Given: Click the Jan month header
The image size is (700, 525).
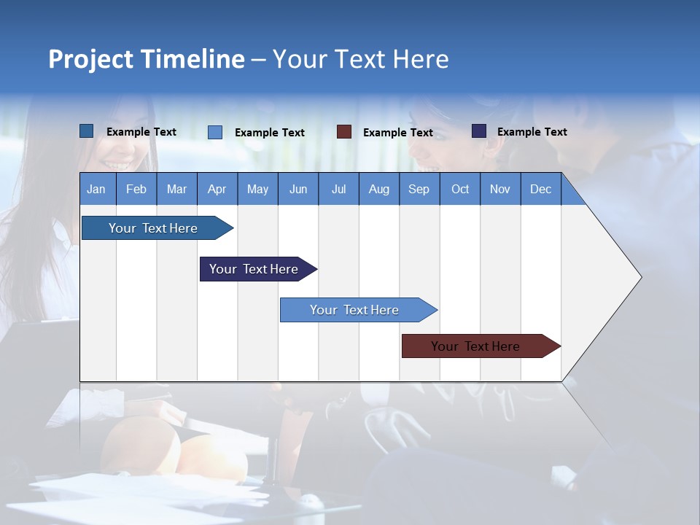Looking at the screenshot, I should [x=96, y=190].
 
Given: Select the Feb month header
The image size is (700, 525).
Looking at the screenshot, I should [x=136, y=190].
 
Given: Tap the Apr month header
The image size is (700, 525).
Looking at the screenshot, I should [x=217, y=190].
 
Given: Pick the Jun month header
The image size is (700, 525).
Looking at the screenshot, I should [x=298, y=190].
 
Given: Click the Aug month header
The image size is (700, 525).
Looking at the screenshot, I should [x=379, y=190].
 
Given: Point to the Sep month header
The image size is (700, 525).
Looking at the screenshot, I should [x=419, y=190].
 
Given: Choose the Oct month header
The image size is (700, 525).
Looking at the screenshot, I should [x=460, y=190].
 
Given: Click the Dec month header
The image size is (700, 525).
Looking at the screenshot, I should [x=541, y=190].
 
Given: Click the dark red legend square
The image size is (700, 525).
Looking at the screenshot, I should [x=344, y=132].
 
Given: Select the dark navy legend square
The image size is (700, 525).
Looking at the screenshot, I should [x=479, y=131].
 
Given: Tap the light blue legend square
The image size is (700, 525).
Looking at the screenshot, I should [x=215, y=132].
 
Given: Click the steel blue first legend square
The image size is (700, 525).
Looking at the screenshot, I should [x=87, y=131].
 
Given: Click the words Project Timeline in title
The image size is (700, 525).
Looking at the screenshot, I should [x=147, y=59].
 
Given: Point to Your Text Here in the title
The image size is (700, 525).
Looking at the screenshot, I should [x=361, y=59].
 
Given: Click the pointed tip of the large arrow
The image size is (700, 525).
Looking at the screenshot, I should [x=639, y=277].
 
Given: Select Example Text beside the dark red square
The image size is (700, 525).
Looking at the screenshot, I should [x=398, y=133].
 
